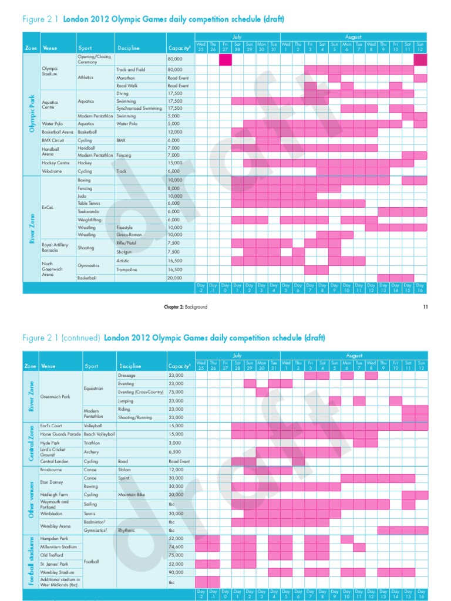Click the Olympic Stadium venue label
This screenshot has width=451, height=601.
pos(50,72)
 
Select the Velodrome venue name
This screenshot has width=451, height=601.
pos(52,171)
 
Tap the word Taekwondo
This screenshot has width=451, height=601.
pos(87,211)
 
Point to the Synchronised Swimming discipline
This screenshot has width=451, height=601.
pos(139,108)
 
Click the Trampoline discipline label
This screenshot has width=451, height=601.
pos(126,269)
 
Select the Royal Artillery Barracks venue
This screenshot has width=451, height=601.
pos(55,247)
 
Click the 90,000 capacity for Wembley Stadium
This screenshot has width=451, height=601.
pos(176,571)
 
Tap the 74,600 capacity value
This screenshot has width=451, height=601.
pos(176,546)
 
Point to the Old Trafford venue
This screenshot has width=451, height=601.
pos(51,555)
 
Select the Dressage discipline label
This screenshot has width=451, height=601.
pos(127,374)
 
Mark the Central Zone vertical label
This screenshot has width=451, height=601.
pos(31,444)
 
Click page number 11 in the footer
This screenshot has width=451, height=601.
pos(426,306)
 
